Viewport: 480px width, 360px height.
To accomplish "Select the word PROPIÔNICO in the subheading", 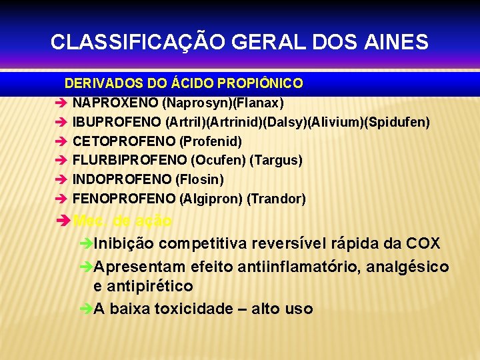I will [257, 84].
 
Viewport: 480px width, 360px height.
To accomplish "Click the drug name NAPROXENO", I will [115, 103].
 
